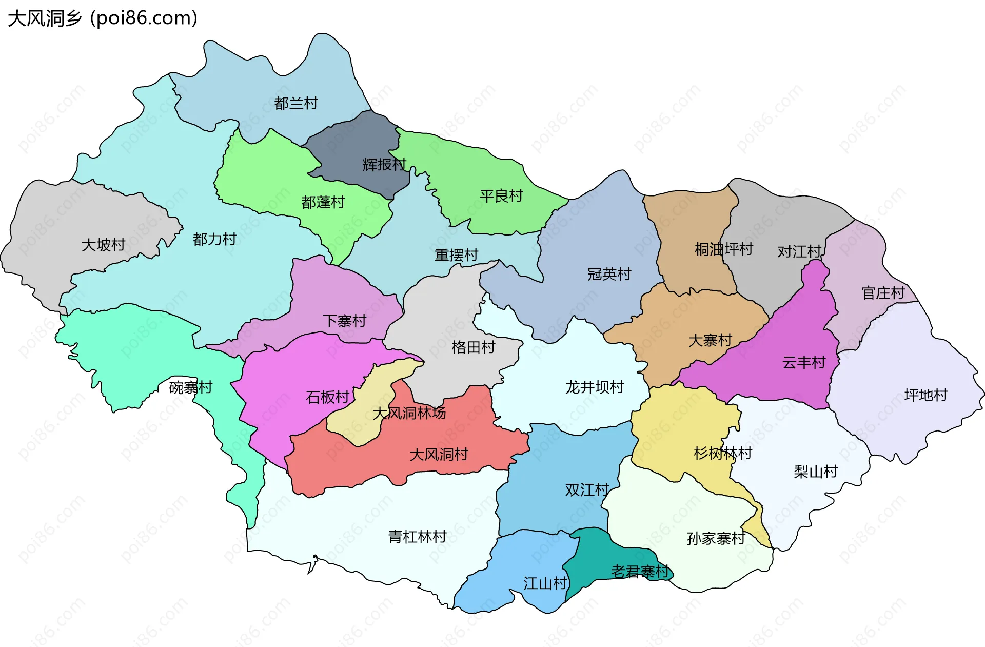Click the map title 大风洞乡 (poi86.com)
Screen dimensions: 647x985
(x=103, y=18)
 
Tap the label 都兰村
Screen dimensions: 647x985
(x=296, y=103)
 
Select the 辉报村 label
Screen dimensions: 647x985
(x=384, y=165)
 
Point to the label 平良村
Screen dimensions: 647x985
(x=501, y=195)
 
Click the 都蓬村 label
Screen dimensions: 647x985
(x=323, y=202)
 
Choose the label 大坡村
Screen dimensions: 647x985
(x=104, y=245)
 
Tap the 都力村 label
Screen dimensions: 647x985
(x=214, y=239)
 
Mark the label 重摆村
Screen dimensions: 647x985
(x=456, y=255)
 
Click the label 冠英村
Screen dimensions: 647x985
(x=609, y=274)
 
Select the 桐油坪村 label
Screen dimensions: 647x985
(x=723, y=249)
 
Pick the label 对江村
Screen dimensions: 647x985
(x=799, y=251)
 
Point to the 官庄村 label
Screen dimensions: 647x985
(x=883, y=293)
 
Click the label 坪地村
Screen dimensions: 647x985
(x=926, y=395)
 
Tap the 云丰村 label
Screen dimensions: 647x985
(x=804, y=363)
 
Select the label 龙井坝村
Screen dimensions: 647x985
(x=595, y=387)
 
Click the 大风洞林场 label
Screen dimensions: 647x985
(x=409, y=413)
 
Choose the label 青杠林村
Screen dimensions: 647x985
(x=417, y=537)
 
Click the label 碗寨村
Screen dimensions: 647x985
(x=191, y=387)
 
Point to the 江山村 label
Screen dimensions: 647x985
(x=545, y=583)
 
